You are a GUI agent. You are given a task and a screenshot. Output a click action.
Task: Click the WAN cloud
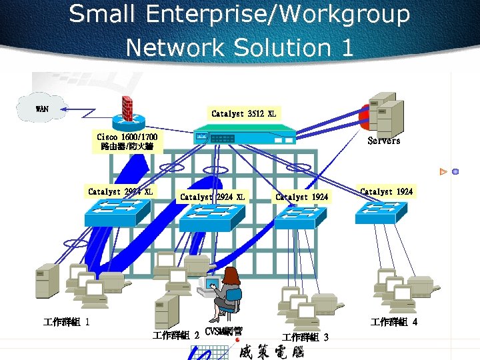click(x=41, y=109)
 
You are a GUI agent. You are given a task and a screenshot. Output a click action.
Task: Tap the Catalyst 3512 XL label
click(x=243, y=114)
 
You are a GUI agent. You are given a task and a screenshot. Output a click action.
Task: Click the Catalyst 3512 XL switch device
click(x=244, y=138)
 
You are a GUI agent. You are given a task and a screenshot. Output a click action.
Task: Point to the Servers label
click(x=384, y=141)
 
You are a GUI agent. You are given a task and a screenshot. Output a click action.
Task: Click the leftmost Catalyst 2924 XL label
click(x=120, y=192)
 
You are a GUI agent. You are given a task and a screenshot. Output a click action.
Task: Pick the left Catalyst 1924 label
click(x=301, y=197)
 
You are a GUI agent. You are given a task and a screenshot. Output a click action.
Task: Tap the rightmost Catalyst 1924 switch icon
click(x=381, y=211)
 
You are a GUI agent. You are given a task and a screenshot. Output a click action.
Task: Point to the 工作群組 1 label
click(x=67, y=322)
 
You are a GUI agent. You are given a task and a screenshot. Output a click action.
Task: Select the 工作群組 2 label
click(x=176, y=335)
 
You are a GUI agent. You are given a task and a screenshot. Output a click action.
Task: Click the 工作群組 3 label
click(x=305, y=337)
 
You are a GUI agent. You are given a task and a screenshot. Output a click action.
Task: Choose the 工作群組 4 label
click(x=394, y=323)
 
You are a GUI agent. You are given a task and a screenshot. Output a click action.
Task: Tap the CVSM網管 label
click(x=223, y=331)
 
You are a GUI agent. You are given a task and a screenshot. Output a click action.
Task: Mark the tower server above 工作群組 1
click(x=47, y=281)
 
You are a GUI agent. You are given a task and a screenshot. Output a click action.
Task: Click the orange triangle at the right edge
click(x=443, y=171)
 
